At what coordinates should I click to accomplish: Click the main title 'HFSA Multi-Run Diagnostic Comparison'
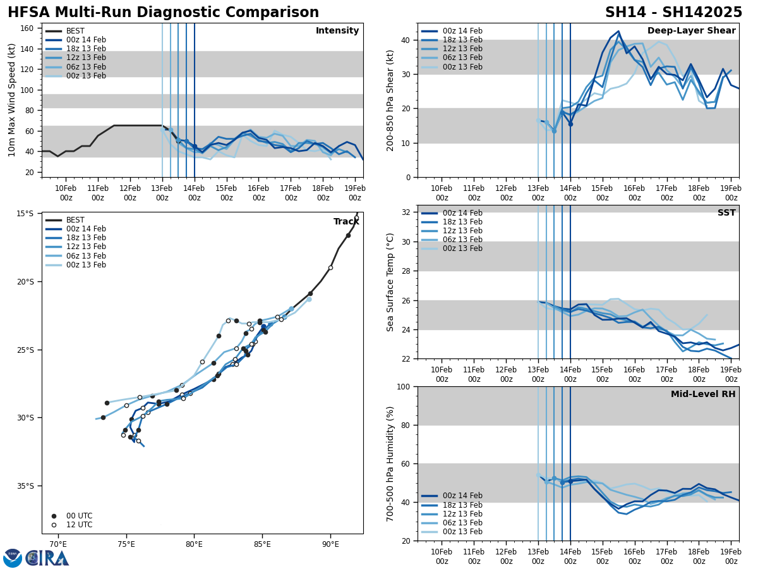pyautogui.click(x=163, y=13)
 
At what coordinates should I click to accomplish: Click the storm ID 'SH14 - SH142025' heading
pyautogui.click(x=673, y=13)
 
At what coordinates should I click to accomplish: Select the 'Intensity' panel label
pyautogui.click(x=337, y=31)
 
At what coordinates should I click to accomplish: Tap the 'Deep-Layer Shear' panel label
pyautogui.click(x=691, y=31)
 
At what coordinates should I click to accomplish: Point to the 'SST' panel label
pyautogui.click(x=726, y=213)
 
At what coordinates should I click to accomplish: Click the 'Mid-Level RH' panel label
pyautogui.click(x=703, y=395)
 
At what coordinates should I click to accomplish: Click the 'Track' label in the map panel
pyautogui.click(x=346, y=222)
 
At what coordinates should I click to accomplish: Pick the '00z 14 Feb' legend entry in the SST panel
pyautogui.click(x=462, y=213)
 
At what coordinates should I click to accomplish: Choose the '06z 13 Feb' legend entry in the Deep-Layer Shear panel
pyautogui.click(x=462, y=58)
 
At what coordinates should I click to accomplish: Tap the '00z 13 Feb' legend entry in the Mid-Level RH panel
pyautogui.click(x=462, y=532)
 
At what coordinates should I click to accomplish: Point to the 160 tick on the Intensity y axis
pyautogui.click(x=27, y=28)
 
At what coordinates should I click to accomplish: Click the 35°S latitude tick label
pyautogui.click(x=25, y=486)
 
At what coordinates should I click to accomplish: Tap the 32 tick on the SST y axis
pyautogui.click(x=407, y=212)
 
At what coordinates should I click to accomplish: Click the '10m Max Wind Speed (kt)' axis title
pyautogui.click(x=12, y=100)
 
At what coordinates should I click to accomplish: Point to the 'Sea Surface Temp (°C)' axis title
pyautogui.click(x=391, y=282)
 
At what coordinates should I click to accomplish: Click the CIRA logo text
pyautogui.click(x=47, y=558)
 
